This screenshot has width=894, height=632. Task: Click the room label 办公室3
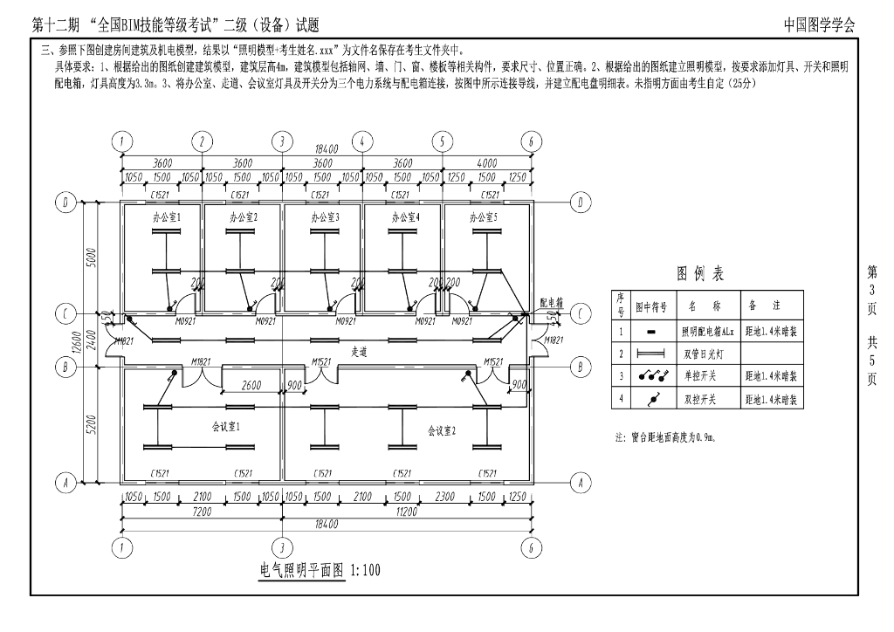(x=325, y=216)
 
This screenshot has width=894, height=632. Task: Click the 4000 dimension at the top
(x=485, y=162)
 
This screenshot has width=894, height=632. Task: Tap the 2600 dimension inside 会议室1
(x=251, y=385)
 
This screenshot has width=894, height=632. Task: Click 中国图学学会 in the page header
(x=819, y=25)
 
